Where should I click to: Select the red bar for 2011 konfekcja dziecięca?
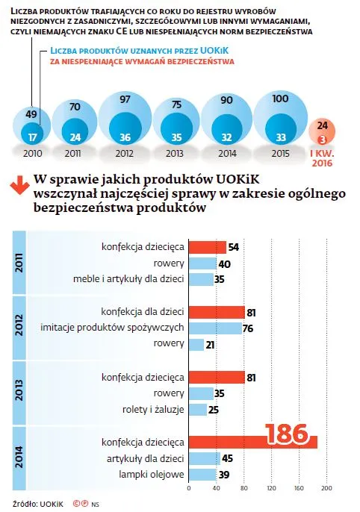click(207, 247)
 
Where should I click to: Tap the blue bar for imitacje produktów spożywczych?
click(215, 328)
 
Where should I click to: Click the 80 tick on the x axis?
click(243, 490)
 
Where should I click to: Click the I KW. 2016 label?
click(322, 154)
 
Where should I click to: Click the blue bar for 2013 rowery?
click(200, 393)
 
